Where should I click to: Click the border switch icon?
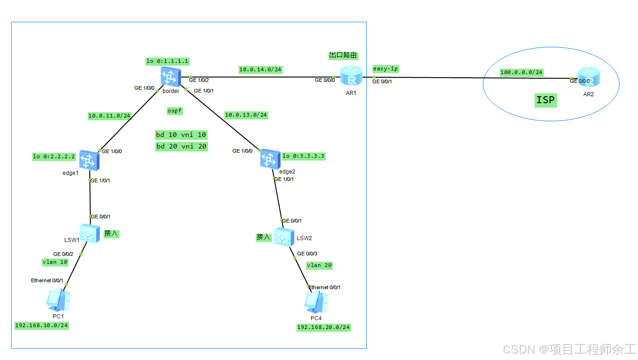pos(169,76)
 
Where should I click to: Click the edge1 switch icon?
pos(87,160)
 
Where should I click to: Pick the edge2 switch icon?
pos(269,159)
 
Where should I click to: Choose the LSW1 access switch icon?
pos(89,234)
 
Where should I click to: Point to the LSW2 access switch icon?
pos(283,237)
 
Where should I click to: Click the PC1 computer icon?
pos(58,300)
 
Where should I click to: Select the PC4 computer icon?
pos(316,302)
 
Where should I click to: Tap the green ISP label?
pos(545,100)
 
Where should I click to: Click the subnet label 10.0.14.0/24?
pos(260,69)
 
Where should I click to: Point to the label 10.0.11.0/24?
pos(110,116)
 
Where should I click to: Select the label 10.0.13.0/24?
pos(246,114)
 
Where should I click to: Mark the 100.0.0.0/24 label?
pos(521,72)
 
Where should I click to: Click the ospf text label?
pos(175,111)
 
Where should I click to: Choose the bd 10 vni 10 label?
pos(181,135)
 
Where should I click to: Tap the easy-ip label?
pos(385,69)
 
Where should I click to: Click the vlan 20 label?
pos(319,265)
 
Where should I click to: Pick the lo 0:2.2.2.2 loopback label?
pos(54,156)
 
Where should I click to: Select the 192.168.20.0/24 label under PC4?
pos(324,327)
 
